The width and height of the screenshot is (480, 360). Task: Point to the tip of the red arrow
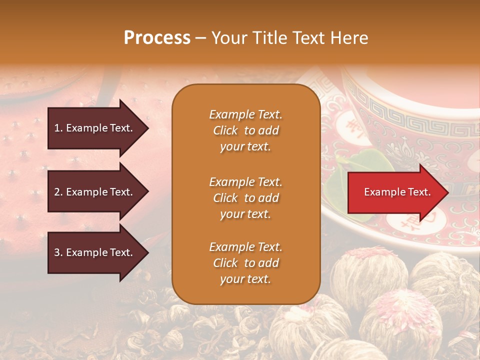[x=447, y=192]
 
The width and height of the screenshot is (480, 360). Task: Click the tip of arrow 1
[x=147, y=128]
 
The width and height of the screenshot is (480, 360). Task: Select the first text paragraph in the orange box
[x=245, y=130]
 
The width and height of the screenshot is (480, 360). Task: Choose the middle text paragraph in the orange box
[x=245, y=198]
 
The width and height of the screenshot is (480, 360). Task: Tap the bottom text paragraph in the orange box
[x=245, y=263]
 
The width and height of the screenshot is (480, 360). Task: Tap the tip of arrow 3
[x=147, y=252]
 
